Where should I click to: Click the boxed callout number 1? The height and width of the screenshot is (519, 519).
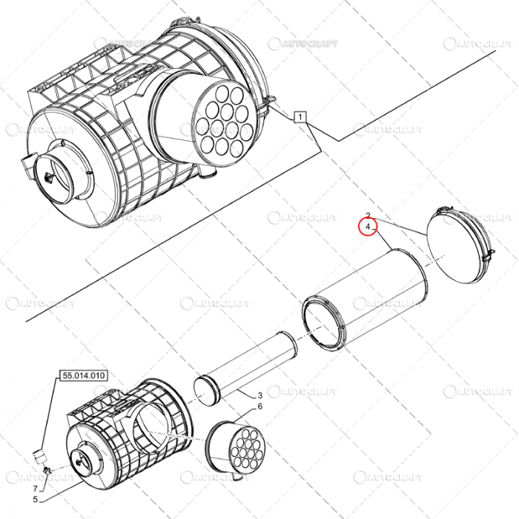point(300,116)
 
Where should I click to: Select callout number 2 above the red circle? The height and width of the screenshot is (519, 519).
point(368,215)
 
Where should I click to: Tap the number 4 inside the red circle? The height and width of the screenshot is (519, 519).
point(368,226)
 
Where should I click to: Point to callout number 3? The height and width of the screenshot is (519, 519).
point(260,396)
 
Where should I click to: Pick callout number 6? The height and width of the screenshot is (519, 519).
point(260,407)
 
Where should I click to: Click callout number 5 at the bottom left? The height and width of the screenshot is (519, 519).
point(34,501)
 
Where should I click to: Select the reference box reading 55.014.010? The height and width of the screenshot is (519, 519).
point(83,376)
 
